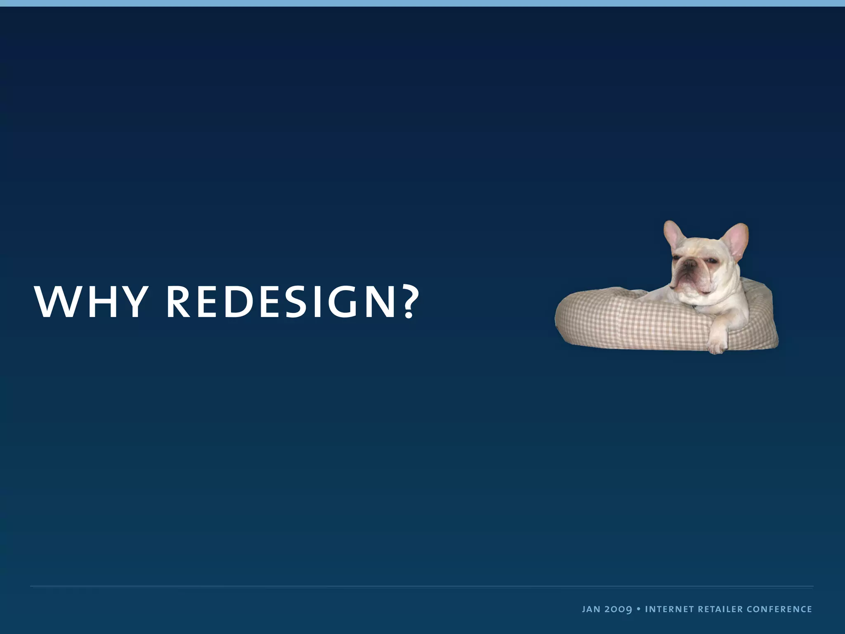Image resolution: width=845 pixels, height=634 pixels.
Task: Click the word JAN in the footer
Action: pos(591,609)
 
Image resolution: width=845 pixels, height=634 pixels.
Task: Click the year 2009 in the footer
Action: pos(618,609)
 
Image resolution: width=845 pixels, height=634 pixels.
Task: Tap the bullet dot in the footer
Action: pos(638,609)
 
